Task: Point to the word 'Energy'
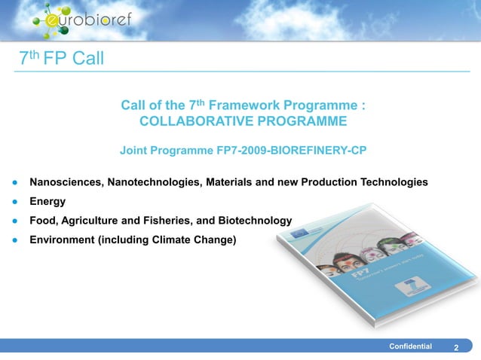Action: [x=47, y=202]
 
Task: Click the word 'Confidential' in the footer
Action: [x=410, y=346]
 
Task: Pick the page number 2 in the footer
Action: [x=456, y=347]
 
